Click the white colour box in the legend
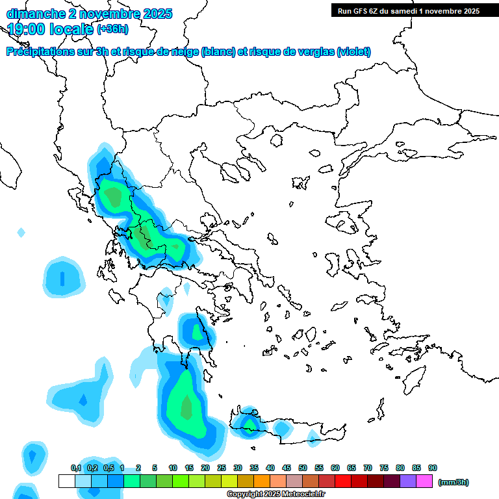67,481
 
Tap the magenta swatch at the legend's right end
424,481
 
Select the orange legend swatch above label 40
262,481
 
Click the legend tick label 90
433,468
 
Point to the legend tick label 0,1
76,468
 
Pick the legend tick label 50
303,468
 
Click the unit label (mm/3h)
453,482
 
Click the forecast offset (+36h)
112,29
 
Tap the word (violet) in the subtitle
353,52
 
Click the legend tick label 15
189,468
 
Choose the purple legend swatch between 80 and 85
408,481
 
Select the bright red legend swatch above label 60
343,481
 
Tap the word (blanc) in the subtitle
218,52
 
